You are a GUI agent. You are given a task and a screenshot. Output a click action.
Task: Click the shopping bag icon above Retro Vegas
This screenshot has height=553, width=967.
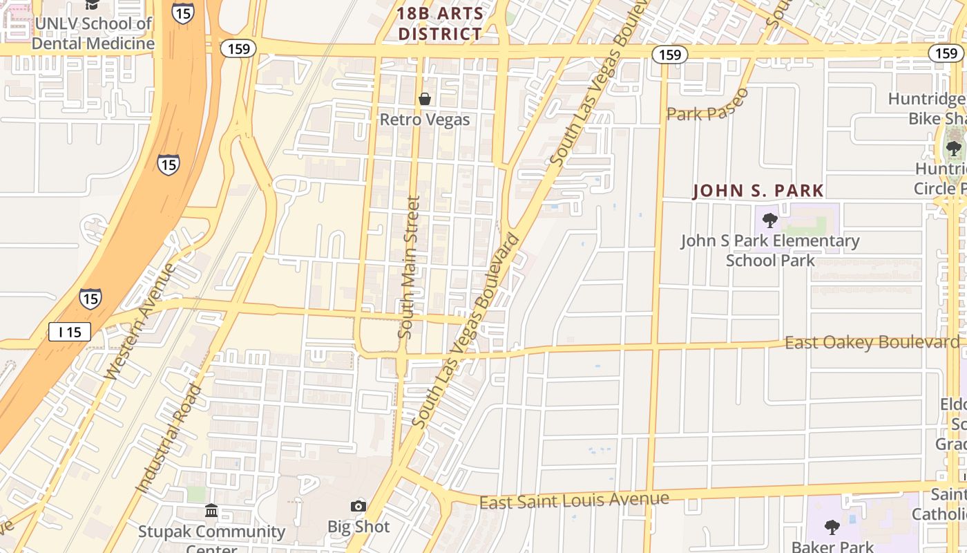click(x=425, y=99)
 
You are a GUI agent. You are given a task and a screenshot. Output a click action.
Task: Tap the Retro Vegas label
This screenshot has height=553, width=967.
click(x=425, y=120)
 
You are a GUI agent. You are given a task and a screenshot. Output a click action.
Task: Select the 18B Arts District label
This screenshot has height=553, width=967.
click(x=440, y=24)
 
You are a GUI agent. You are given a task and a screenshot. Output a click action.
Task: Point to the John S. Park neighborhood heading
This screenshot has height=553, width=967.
click(x=758, y=191)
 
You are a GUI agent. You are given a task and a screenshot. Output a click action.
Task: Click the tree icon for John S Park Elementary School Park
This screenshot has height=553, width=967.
click(x=769, y=221)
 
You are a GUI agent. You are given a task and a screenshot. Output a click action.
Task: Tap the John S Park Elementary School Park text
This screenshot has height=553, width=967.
click(x=770, y=250)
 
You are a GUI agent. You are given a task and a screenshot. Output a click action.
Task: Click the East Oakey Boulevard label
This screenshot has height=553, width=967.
click(x=872, y=343)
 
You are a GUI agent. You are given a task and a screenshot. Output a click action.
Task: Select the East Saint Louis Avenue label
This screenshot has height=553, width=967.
click(x=574, y=500)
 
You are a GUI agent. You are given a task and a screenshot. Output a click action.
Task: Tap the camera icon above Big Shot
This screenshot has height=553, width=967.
click(x=358, y=507)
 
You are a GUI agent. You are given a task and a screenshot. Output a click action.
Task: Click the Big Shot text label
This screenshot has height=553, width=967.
click(x=358, y=527)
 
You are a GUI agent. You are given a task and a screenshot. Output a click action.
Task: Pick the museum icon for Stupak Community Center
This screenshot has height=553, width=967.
click(x=211, y=511)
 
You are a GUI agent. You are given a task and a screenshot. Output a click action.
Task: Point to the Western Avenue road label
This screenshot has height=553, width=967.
click(x=141, y=321)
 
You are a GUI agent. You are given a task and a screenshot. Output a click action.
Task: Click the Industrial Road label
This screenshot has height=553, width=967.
click(x=169, y=439)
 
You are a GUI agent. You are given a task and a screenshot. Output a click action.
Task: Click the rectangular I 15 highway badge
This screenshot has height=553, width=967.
click(x=70, y=332)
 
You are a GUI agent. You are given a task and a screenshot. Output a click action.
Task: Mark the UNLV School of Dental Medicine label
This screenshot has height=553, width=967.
click(x=93, y=33)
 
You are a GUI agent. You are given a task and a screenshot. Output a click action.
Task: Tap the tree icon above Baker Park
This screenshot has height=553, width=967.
click(x=832, y=527)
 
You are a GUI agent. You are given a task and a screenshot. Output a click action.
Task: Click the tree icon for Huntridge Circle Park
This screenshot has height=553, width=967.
click(x=953, y=147)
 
